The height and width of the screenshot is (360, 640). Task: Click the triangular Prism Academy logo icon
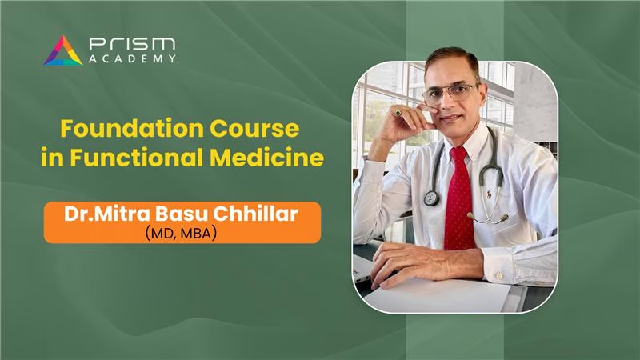click(63, 51)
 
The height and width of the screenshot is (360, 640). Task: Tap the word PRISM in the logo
click(133, 44)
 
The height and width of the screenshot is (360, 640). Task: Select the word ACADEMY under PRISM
click(133, 58)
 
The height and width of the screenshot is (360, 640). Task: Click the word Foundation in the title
click(132, 128)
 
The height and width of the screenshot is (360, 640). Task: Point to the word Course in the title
click(254, 128)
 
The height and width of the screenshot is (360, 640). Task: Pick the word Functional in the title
click(136, 157)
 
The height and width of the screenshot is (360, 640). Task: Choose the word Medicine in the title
click(267, 157)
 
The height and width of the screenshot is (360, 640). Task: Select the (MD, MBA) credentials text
click(181, 234)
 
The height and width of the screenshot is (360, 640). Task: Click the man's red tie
click(459, 199)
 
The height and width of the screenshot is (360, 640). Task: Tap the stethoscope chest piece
click(431, 198)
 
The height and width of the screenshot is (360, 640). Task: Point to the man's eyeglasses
click(450, 94)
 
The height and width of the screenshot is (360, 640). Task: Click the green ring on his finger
click(398, 113)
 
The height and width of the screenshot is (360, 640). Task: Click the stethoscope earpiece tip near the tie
click(470, 215)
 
